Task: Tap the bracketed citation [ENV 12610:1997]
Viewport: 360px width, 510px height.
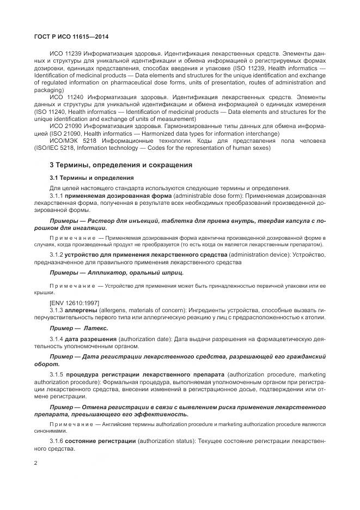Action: click(74, 303)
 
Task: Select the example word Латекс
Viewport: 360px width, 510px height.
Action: click(95, 328)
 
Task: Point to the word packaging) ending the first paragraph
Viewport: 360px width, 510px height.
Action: click(49, 90)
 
